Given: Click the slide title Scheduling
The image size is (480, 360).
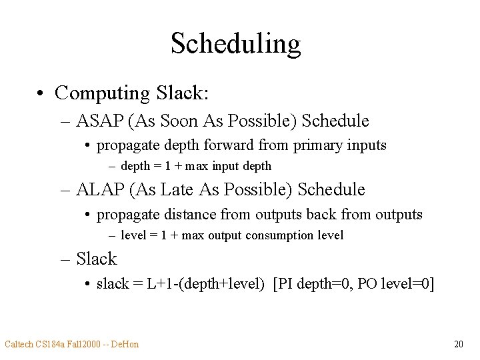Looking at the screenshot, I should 236,44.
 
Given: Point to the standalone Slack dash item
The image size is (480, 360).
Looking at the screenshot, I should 97,259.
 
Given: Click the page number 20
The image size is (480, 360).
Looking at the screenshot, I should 458,344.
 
